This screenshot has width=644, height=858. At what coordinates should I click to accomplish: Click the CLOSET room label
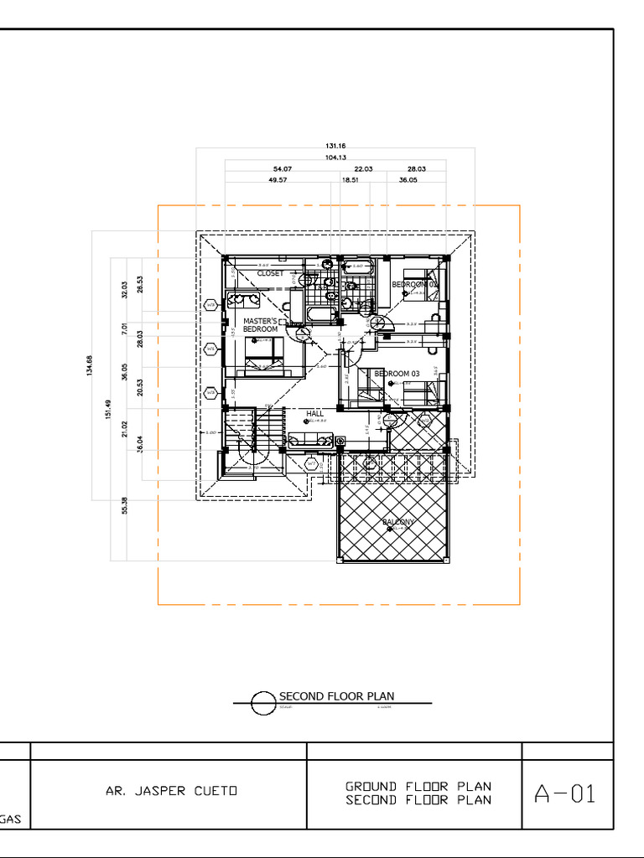(x=270, y=273)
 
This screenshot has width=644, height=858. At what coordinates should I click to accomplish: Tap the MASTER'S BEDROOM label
(x=260, y=325)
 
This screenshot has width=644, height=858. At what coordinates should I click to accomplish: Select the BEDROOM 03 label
(x=397, y=374)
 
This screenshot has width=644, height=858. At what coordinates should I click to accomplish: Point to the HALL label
(x=314, y=414)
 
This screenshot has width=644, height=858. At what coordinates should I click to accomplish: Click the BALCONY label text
(x=398, y=522)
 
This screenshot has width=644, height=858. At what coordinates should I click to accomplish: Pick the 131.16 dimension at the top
(x=335, y=147)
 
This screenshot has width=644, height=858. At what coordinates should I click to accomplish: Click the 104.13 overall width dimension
(x=335, y=158)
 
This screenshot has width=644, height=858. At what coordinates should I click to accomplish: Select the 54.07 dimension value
(x=283, y=169)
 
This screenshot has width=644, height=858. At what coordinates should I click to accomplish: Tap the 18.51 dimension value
(x=350, y=180)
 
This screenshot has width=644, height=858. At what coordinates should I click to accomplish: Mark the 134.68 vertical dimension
(x=90, y=366)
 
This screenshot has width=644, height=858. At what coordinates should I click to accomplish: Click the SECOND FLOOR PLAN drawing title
(x=336, y=696)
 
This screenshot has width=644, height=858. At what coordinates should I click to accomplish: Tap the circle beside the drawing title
(x=263, y=703)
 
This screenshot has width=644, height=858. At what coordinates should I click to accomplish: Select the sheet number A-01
(x=565, y=793)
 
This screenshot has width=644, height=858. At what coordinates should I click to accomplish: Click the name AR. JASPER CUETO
(x=171, y=791)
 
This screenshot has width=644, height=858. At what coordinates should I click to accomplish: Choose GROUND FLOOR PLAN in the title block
(x=418, y=787)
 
